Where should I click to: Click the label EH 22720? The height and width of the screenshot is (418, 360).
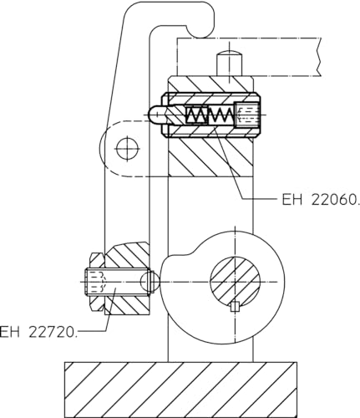(39, 332)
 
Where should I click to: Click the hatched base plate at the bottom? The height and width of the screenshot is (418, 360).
(180, 389)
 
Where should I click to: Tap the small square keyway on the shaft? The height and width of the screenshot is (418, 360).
(235, 305)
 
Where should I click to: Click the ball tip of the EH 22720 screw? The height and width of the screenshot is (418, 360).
(149, 283)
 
